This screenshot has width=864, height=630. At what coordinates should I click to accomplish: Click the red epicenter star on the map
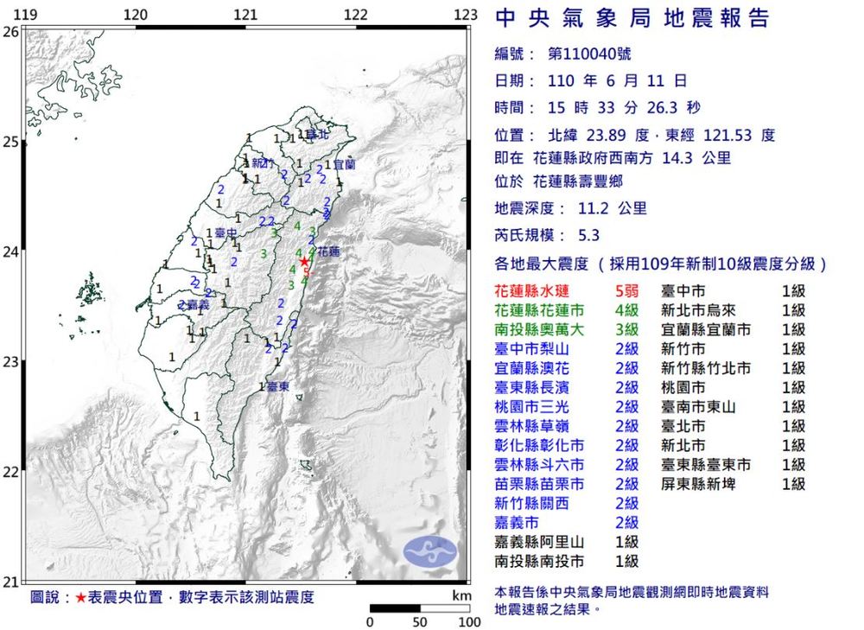point(304,261)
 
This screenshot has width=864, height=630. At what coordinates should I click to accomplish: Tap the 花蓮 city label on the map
point(328,252)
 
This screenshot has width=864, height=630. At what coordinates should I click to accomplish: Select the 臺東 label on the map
point(277,386)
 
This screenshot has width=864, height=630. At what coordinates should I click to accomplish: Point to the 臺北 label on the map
point(318,135)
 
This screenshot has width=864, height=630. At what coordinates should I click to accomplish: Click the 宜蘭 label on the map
point(344,163)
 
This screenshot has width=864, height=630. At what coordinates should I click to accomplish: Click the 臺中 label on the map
point(226,233)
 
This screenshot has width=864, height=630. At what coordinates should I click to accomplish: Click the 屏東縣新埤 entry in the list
point(698,484)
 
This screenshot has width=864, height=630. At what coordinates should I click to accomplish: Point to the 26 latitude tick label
point(10,32)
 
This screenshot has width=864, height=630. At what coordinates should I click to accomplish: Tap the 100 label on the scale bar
point(469,621)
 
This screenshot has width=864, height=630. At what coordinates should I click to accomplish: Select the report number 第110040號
point(589,54)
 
